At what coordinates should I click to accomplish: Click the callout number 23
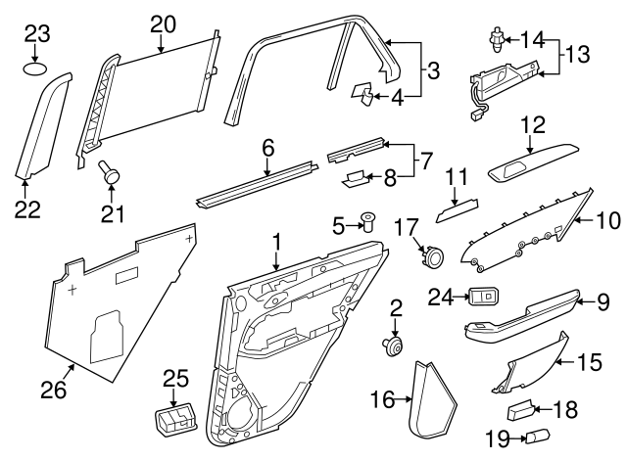coord(37,34)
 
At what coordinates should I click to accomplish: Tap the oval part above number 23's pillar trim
coord(36,69)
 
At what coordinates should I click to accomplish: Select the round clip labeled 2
coord(396,345)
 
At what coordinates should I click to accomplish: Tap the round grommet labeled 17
coord(430,257)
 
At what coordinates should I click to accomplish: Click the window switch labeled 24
coord(483,297)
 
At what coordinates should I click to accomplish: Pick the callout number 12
coord(532,124)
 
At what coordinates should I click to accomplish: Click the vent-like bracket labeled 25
coord(174,422)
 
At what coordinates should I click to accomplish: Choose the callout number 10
coord(608,221)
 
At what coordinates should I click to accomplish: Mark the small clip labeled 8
coord(358,179)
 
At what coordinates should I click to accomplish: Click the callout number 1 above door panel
coord(276,240)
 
